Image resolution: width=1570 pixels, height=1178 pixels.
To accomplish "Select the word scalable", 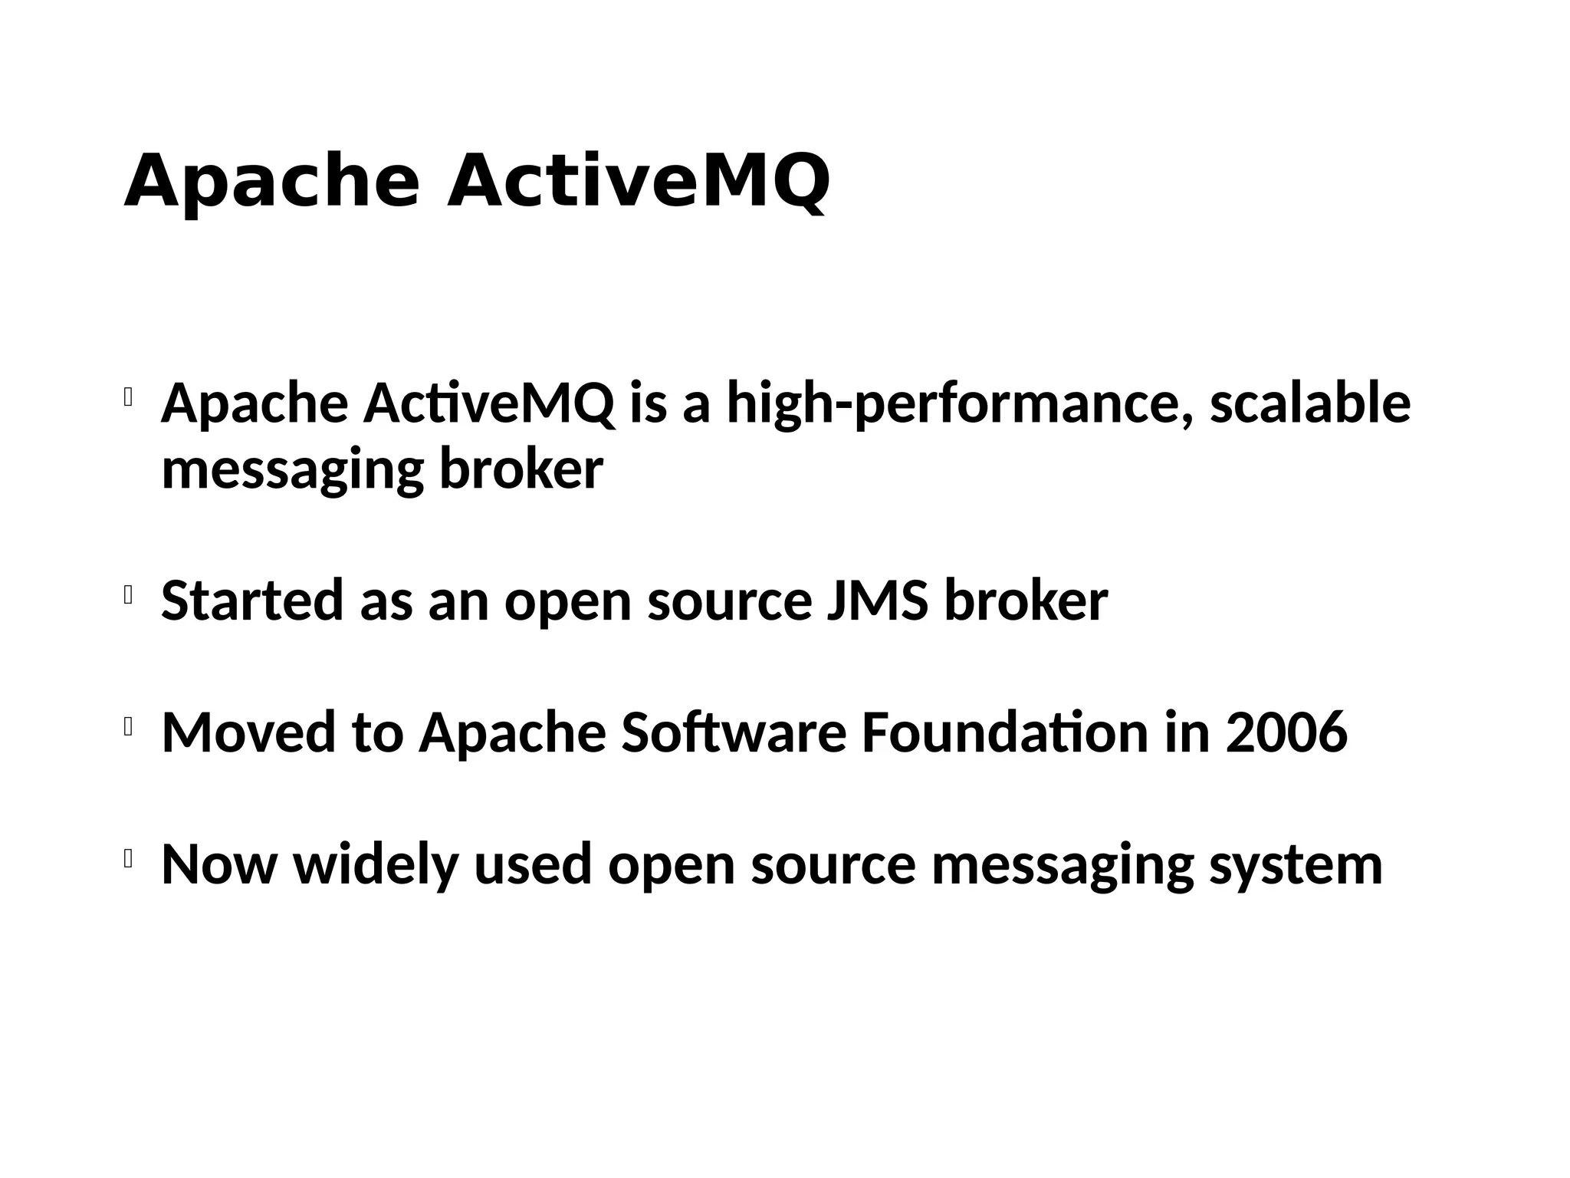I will coord(1309,403).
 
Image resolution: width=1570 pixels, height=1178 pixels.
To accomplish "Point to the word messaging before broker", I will coord(292,471).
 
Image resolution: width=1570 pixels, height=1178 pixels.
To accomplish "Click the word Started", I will coord(252,601).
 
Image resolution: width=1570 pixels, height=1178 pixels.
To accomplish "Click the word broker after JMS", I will coord(1026,601).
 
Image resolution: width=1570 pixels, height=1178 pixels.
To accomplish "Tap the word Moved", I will coord(248,732).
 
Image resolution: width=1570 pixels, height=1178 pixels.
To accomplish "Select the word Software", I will coord(734,732).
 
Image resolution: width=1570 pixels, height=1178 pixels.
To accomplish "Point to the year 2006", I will coord(1286,732).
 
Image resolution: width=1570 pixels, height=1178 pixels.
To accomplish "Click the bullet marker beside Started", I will coord(129,595).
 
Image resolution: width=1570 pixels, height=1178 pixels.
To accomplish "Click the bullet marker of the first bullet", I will coord(129,397).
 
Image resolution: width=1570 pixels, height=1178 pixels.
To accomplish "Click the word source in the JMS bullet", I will coord(729,602).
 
